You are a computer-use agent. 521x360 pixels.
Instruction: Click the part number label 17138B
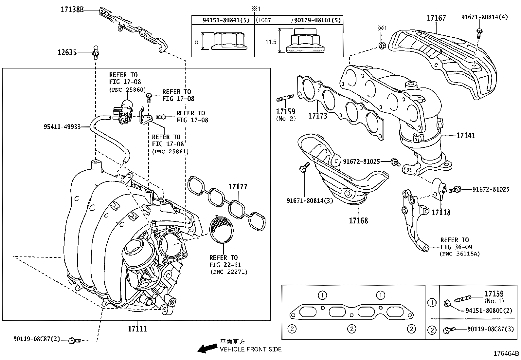pyautogui.click(x=72, y=10)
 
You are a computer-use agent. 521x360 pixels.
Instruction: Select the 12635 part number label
pyautogui.click(x=67, y=52)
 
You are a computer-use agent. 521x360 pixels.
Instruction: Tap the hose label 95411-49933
pyautogui.click(x=62, y=127)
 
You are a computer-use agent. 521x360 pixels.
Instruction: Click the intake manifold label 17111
pyautogui.click(x=137, y=329)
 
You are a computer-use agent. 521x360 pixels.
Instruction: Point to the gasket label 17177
pyautogui.click(x=238, y=187)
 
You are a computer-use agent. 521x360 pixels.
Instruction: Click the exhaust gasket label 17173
pyautogui.click(x=317, y=116)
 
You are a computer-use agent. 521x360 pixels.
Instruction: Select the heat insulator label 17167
pyautogui.click(x=436, y=18)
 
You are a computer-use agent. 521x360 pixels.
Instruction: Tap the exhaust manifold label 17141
pyautogui.click(x=466, y=135)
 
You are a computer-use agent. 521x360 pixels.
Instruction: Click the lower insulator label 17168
pyautogui.click(x=358, y=220)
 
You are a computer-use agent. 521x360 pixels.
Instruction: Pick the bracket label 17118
pyautogui.click(x=441, y=213)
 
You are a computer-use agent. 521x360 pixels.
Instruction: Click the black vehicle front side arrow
pyautogui.click(x=207, y=348)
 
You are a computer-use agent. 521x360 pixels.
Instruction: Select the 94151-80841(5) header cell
pyautogui.click(x=226, y=20)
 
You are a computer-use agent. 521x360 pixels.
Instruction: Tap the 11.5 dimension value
pyautogui.click(x=271, y=42)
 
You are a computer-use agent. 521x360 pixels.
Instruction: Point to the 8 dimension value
pyautogui.click(x=196, y=42)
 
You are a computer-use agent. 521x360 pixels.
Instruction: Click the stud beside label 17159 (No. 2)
pyautogui.click(x=286, y=98)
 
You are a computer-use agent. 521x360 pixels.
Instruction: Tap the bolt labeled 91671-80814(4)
pyautogui.click(x=479, y=31)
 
